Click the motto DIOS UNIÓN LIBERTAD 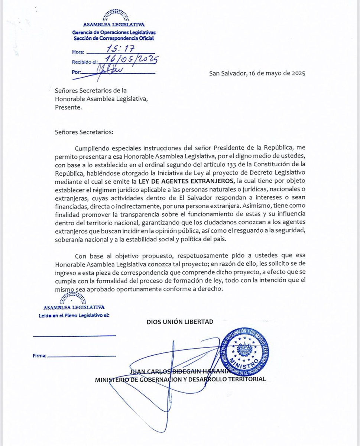coord(180,321)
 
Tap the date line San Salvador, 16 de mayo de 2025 coord(257,73)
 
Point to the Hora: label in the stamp coord(79,53)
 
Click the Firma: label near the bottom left coord(39,356)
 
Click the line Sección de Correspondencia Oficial coord(113,38)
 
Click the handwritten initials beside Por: coord(108,71)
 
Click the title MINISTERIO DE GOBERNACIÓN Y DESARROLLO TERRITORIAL coord(180,379)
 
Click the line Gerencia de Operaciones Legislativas coord(114,33)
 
